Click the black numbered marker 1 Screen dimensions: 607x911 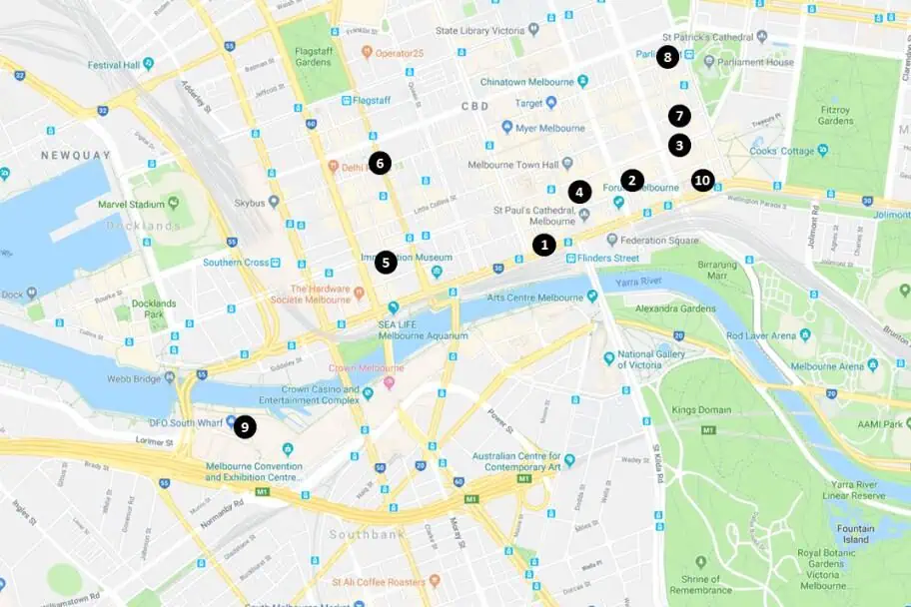[543, 244]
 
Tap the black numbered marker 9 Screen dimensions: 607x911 [244, 427]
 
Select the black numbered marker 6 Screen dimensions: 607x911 [379, 163]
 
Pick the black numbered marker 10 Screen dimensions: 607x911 [702, 181]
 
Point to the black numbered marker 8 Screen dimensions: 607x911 [667, 57]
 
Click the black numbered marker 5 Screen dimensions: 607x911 [386, 263]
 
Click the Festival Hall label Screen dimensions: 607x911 [110, 65]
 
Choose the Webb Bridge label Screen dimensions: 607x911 [135, 377]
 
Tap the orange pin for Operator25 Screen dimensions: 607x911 [368, 53]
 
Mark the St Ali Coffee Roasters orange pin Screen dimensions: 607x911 [434, 581]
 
